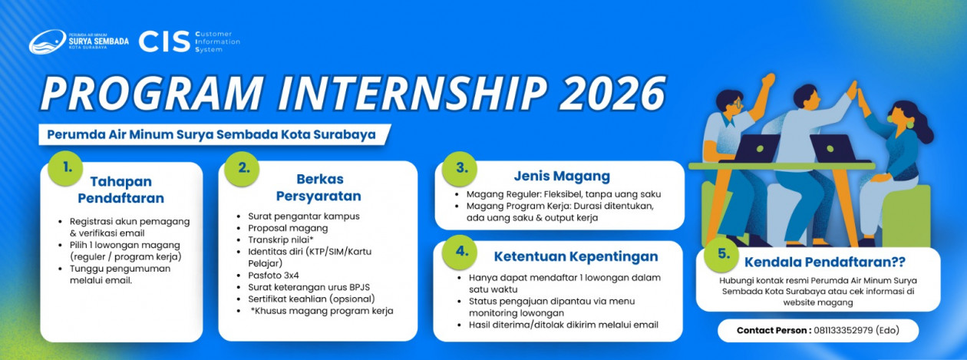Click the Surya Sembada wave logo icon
click(47, 42)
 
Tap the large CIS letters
click(164, 42)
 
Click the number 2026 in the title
click(612, 93)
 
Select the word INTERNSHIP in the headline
click(412, 93)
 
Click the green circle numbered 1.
click(66, 168)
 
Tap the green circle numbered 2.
click(243, 169)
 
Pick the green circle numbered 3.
click(460, 168)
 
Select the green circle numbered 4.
click(460, 252)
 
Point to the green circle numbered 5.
click(721, 254)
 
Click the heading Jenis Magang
click(562, 176)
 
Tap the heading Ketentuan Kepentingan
click(576, 256)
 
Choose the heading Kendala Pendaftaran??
click(824, 262)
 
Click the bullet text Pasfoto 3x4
click(273, 276)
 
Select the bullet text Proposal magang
click(288, 228)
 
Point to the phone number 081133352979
click(843, 330)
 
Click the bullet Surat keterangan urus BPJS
click(309, 287)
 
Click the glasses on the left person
click(737, 104)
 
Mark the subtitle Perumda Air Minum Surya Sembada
click(162, 134)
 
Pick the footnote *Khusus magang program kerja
click(322, 311)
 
